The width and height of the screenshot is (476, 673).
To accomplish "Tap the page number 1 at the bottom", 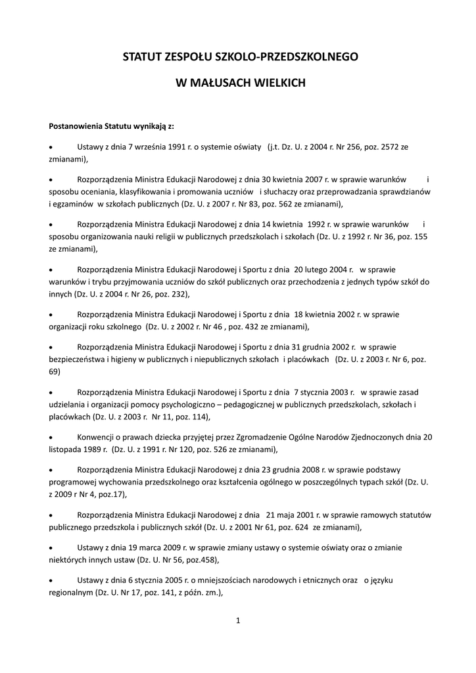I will point(238,620).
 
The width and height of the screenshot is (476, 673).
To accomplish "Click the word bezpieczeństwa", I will point(78,360).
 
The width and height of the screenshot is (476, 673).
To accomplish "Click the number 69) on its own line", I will point(55,371).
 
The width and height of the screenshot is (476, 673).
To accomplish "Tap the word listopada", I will point(68,450).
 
